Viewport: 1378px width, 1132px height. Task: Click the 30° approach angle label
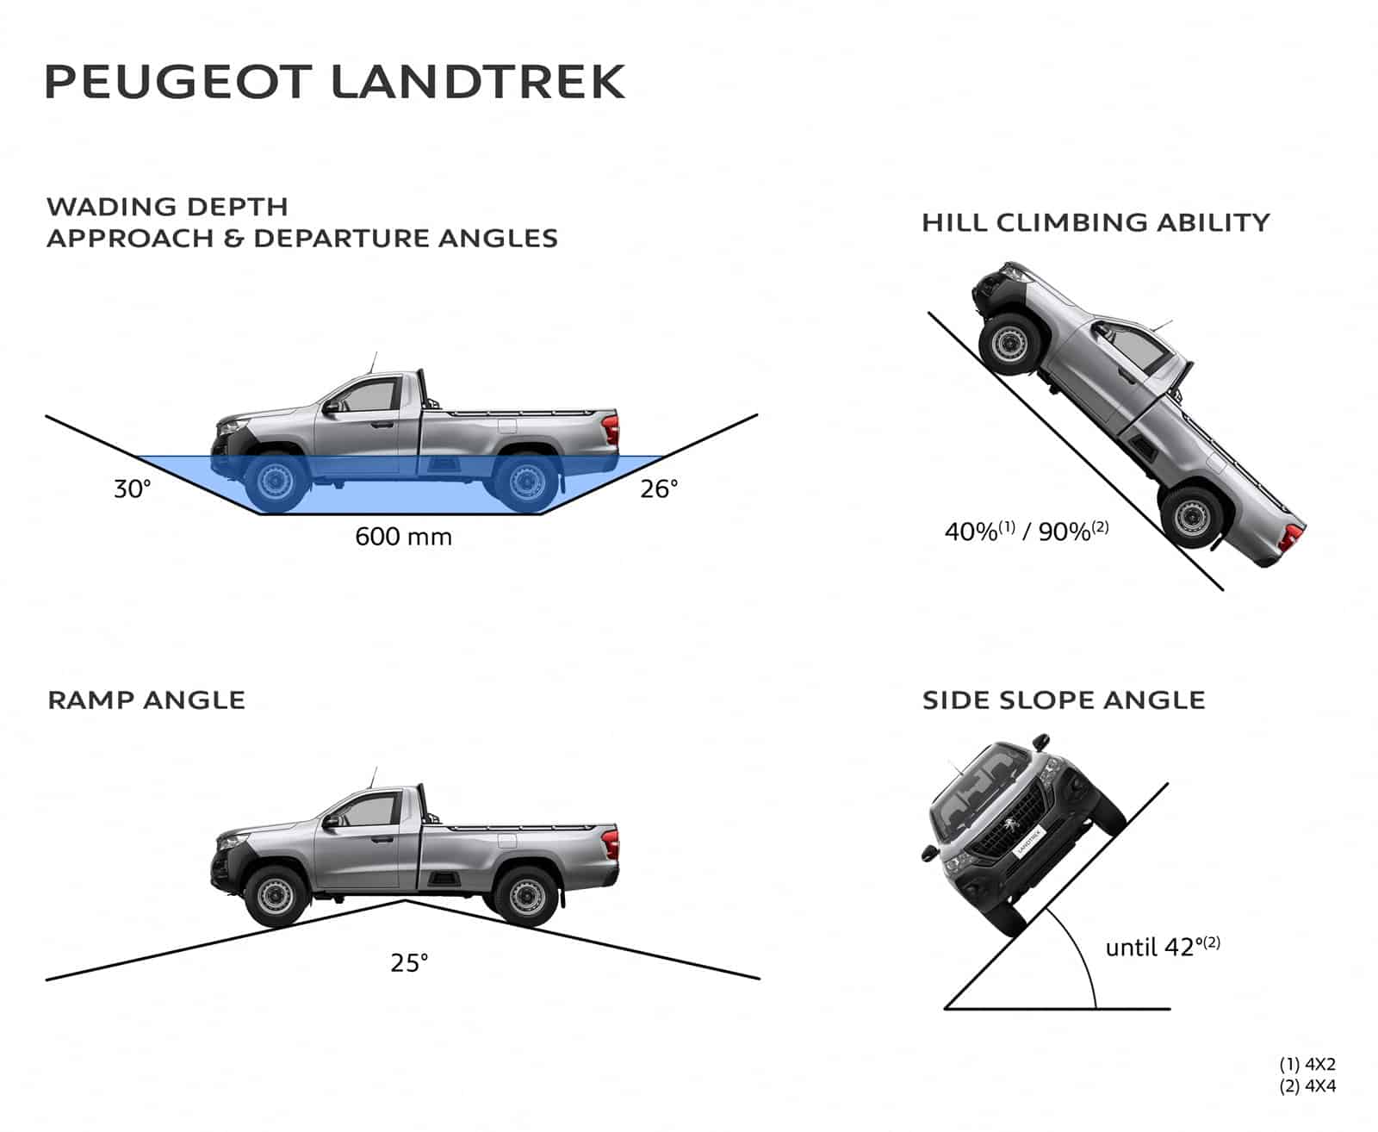pos(133,489)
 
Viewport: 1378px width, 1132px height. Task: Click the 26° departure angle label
pos(659,489)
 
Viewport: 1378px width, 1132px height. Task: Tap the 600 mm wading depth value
pos(403,537)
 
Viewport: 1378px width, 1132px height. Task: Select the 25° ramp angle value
pos(409,962)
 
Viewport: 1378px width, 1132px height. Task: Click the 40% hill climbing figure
pos(971,532)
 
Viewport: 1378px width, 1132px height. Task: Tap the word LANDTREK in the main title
pos(478,82)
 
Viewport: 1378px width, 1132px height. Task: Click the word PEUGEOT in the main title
pos(177,82)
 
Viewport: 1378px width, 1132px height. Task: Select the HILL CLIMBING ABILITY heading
pos(1096,222)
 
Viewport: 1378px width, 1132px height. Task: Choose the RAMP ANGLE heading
pos(146,700)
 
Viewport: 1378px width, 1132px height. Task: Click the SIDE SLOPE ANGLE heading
pos(1064,700)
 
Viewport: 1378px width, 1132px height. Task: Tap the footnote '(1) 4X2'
pos(1307,1065)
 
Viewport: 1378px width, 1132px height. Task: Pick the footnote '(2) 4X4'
pos(1307,1086)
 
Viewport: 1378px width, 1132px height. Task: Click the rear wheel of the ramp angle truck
pos(525,896)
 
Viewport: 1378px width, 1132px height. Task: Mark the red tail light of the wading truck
pos(611,428)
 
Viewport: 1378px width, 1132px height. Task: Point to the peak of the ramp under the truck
pos(406,901)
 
